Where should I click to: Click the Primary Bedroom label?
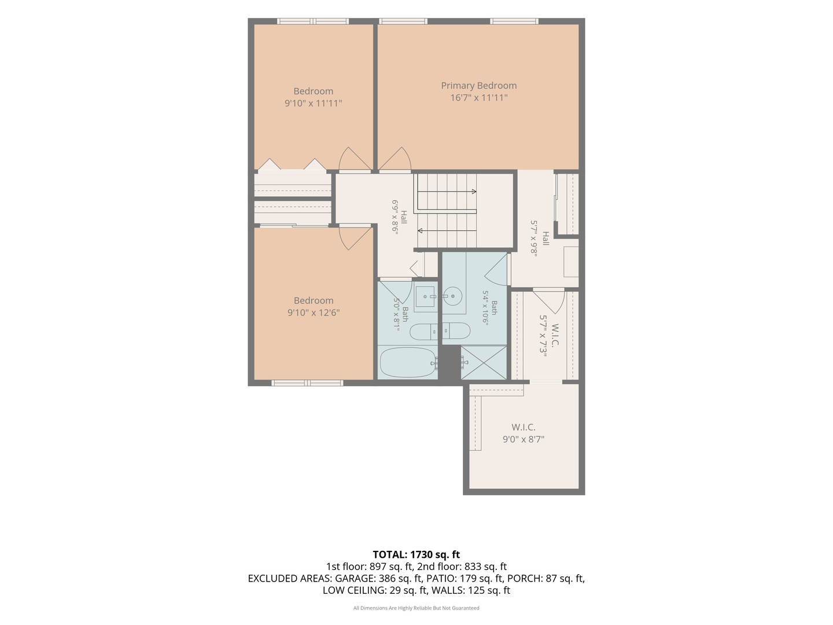478,86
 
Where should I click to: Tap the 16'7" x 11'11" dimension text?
478,98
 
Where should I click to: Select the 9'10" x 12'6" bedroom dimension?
314,312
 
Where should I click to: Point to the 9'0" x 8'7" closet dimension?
524,439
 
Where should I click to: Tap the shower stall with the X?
484,362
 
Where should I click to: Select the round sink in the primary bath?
453,296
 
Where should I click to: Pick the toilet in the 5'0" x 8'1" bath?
423,332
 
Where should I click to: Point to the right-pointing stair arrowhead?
474,192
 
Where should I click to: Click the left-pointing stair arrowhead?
420,230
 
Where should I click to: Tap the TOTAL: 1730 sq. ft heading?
417,555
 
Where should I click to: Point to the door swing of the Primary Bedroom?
396,159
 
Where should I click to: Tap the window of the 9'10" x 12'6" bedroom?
307,383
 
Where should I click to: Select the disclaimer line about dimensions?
417,608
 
